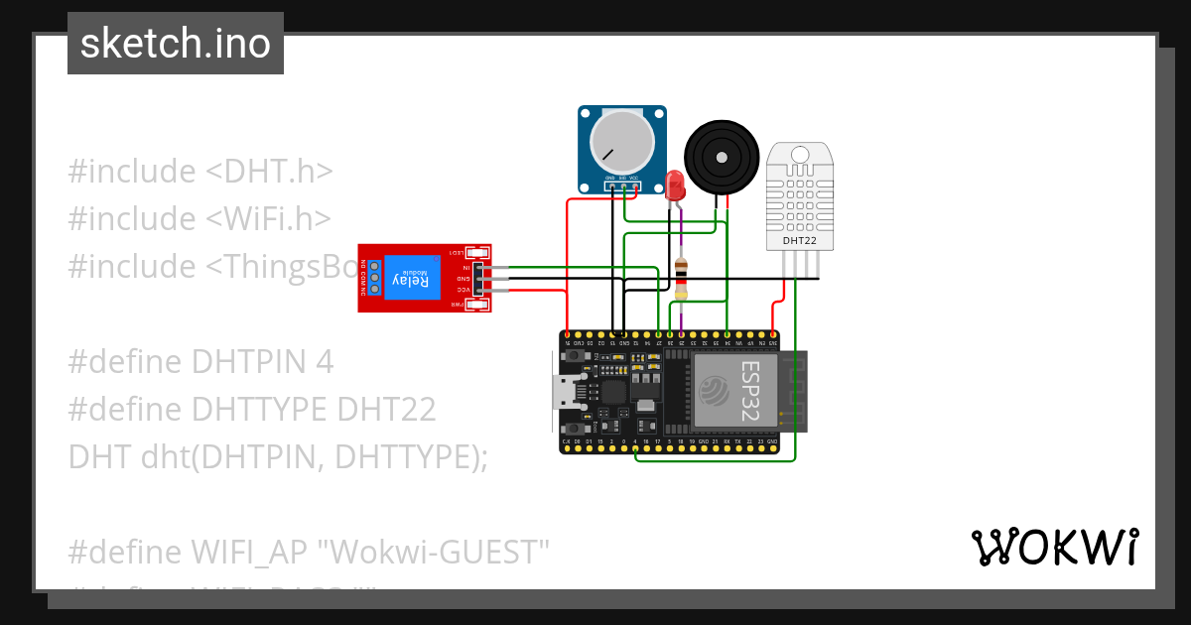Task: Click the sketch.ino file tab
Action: coord(175,44)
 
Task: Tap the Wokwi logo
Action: coord(1054,547)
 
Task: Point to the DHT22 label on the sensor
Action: coord(800,240)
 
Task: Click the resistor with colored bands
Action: coord(681,277)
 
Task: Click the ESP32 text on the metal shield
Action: coord(750,390)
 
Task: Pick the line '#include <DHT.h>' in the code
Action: coord(199,171)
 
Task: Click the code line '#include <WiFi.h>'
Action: coord(199,218)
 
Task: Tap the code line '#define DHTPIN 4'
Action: coord(200,361)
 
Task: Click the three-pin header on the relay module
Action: coord(480,279)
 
